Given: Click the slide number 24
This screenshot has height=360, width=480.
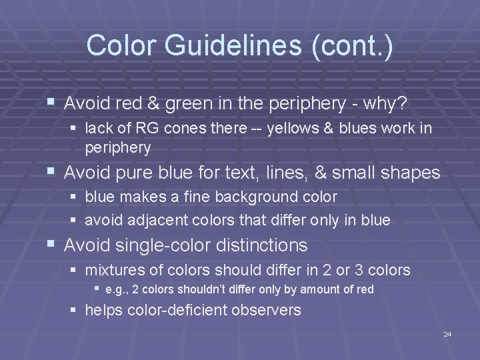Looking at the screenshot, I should tap(447, 334).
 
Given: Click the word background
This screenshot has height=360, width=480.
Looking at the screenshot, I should tap(251, 197).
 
